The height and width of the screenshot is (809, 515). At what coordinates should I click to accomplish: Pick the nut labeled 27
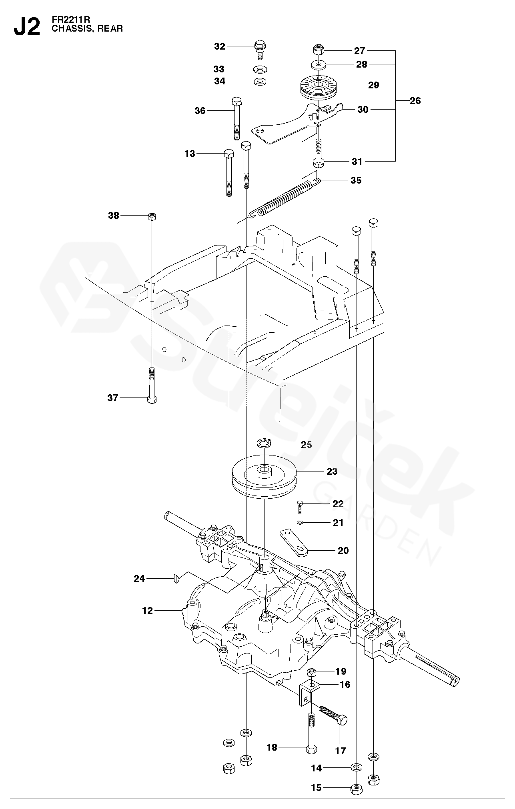point(318,50)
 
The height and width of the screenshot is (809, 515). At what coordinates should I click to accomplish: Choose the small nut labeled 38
point(152,216)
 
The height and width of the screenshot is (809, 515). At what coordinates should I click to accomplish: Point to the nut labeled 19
point(312,671)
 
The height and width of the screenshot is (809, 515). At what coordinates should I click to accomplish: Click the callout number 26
point(415,101)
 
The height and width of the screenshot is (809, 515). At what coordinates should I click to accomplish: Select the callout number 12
point(148,611)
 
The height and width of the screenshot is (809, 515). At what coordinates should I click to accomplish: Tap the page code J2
point(27,26)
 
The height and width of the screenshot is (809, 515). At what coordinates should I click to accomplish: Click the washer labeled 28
point(318,64)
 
